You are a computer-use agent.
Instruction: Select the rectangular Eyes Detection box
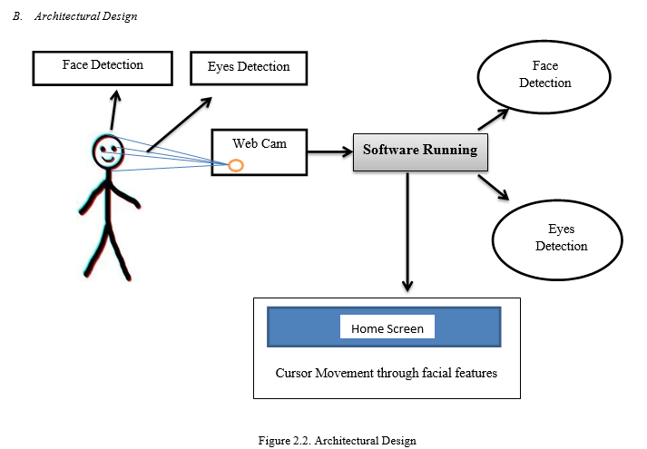tap(248, 67)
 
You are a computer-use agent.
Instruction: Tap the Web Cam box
tap(258, 152)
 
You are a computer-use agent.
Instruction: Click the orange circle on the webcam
tap(235, 165)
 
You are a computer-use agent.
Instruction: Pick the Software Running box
tap(420, 151)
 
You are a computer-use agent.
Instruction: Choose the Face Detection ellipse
tap(544, 74)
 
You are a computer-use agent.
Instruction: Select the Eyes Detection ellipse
tap(555, 238)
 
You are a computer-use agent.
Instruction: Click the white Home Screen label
tap(387, 327)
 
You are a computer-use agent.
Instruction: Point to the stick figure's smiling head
tap(108, 151)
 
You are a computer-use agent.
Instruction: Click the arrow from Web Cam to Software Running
tap(329, 151)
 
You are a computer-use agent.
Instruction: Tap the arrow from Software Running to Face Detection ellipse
tap(495, 116)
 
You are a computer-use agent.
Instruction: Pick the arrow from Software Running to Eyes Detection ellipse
tap(494, 186)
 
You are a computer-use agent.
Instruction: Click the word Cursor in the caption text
tap(295, 373)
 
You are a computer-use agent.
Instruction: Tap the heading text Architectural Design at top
tap(86, 17)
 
